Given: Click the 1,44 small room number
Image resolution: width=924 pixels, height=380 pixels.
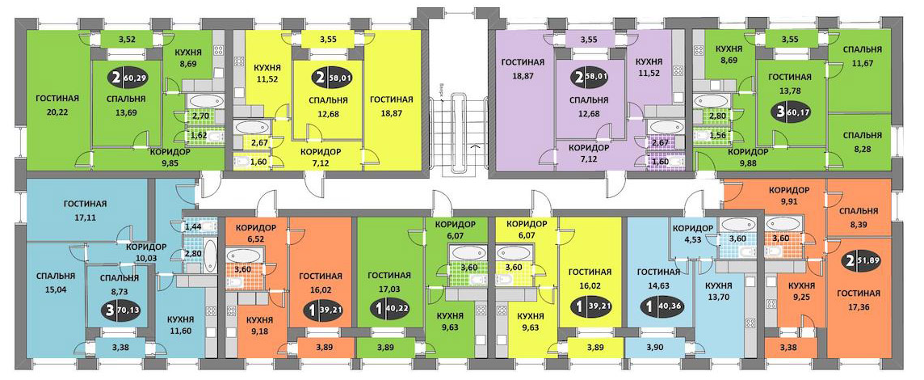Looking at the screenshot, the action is tap(193, 229).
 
